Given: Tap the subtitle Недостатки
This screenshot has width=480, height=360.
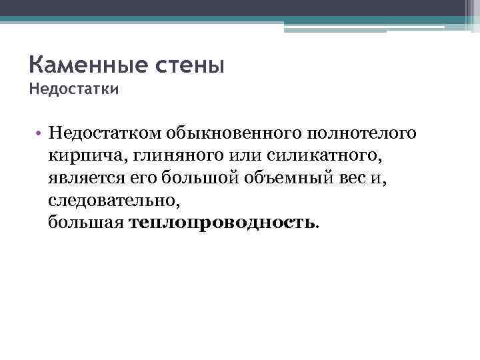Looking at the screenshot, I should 74,88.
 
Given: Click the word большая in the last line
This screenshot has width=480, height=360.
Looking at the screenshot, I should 85,223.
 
